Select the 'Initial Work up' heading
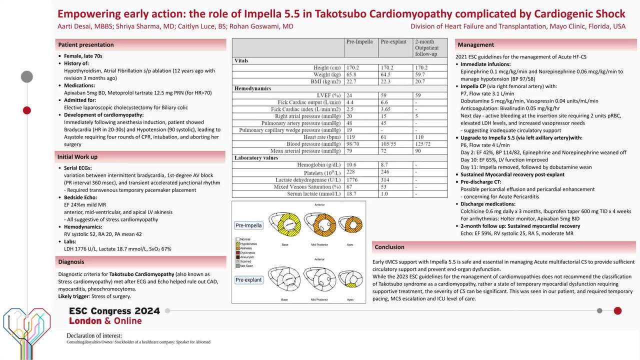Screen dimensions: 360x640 coord(77,157)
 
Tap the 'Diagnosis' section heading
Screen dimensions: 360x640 coord(71,262)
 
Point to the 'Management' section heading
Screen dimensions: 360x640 coord(475,45)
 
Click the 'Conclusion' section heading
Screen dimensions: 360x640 coord(389,247)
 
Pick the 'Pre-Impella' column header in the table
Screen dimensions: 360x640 coord(359,42)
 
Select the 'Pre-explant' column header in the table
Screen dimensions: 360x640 coord(393,42)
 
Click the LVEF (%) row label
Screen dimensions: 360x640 coord(328,95)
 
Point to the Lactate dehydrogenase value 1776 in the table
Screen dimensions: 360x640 coord(353,180)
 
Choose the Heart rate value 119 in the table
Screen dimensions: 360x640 coord(352,137)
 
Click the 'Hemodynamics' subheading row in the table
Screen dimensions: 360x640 coord(252,88)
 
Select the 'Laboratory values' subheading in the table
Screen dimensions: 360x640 coord(256,158)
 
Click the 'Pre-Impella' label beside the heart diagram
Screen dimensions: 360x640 coord(248,225)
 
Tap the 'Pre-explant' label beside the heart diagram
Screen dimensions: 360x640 coord(248,280)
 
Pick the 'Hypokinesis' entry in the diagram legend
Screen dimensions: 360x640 coord(248,244)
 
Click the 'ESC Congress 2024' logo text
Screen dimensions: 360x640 coord(114,311)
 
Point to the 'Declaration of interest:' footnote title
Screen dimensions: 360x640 coord(94,335)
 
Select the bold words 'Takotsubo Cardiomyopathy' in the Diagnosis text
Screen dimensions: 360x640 coord(141,274)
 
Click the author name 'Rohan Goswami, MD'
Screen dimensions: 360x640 coord(261,26)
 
